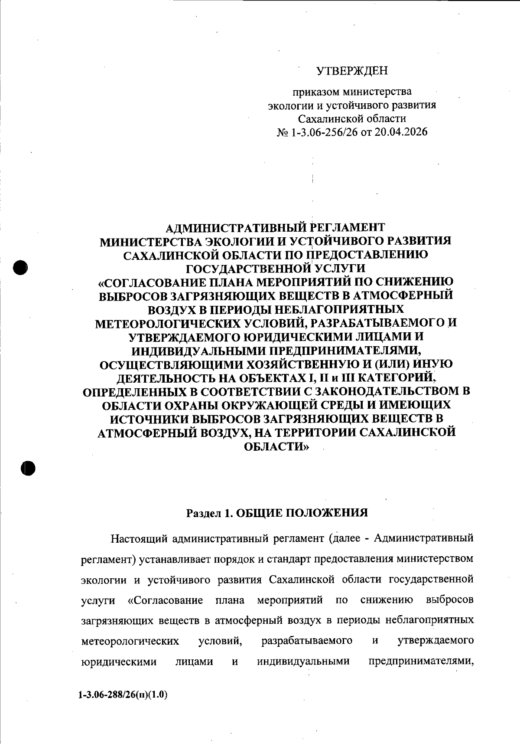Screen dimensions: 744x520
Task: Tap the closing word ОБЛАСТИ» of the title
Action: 277,447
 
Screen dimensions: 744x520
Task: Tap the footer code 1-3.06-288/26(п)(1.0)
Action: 123,695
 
